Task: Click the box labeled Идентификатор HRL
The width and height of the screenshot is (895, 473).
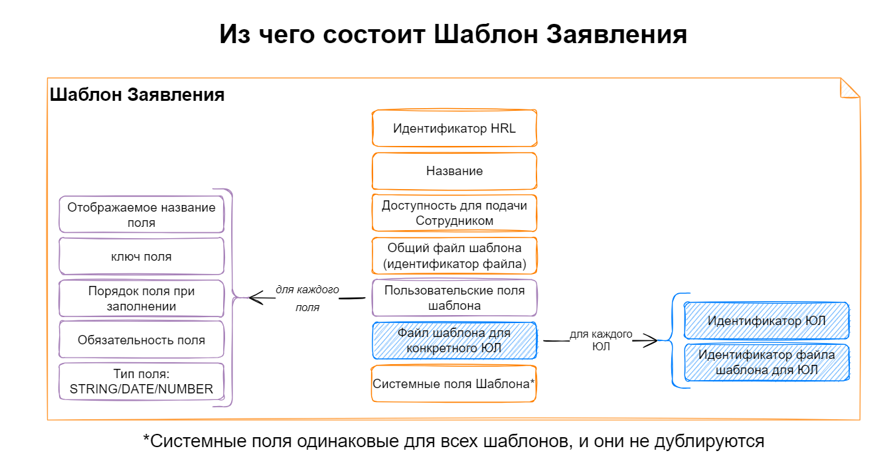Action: [x=454, y=129]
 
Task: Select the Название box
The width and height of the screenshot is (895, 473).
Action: [x=454, y=171]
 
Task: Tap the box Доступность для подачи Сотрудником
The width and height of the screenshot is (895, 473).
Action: [x=454, y=213]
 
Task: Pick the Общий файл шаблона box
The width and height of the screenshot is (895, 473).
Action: [x=454, y=255]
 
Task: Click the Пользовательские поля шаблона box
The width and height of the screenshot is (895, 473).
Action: [x=454, y=298]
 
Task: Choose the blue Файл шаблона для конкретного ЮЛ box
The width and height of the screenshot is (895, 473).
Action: [x=454, y=340]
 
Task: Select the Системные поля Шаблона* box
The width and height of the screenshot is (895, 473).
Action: [x=454, y=383]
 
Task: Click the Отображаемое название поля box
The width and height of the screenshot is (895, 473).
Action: [x=141, y=215]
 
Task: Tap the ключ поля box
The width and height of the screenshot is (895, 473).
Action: [x=141, y=257]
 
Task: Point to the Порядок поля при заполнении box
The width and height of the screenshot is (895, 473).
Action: [x=141, y=299]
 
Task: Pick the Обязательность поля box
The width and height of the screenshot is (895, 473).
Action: [x=141, y=340]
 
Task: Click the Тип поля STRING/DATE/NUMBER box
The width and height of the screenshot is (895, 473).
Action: [x=141, y=381]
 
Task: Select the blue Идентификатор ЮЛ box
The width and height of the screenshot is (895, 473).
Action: [x=767, y=321]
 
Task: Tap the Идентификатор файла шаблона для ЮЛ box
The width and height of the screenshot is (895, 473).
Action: [x=767, y=362]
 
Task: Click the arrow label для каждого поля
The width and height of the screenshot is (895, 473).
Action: [x=307, y=299]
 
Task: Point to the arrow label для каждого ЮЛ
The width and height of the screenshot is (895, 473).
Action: [x=601, y=340]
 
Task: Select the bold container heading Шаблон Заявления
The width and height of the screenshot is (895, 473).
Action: [x=137, y=95]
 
